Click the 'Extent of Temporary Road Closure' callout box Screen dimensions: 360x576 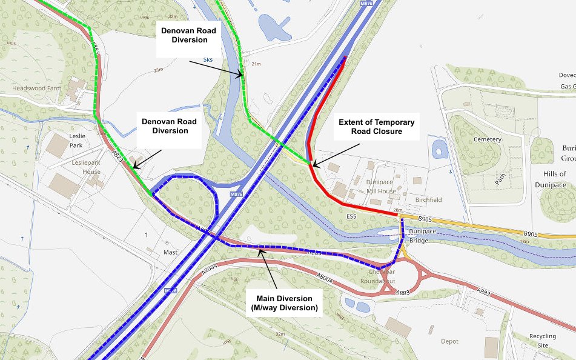pos(370,127)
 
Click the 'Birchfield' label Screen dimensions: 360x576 pos(428,199)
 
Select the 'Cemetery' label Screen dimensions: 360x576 pos(488,139)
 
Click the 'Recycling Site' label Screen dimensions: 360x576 pos(542,340)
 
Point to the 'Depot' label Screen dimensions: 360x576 pos(449,341)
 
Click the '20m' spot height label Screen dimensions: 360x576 pos(397,210)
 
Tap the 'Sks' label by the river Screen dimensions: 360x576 pos(208,61)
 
